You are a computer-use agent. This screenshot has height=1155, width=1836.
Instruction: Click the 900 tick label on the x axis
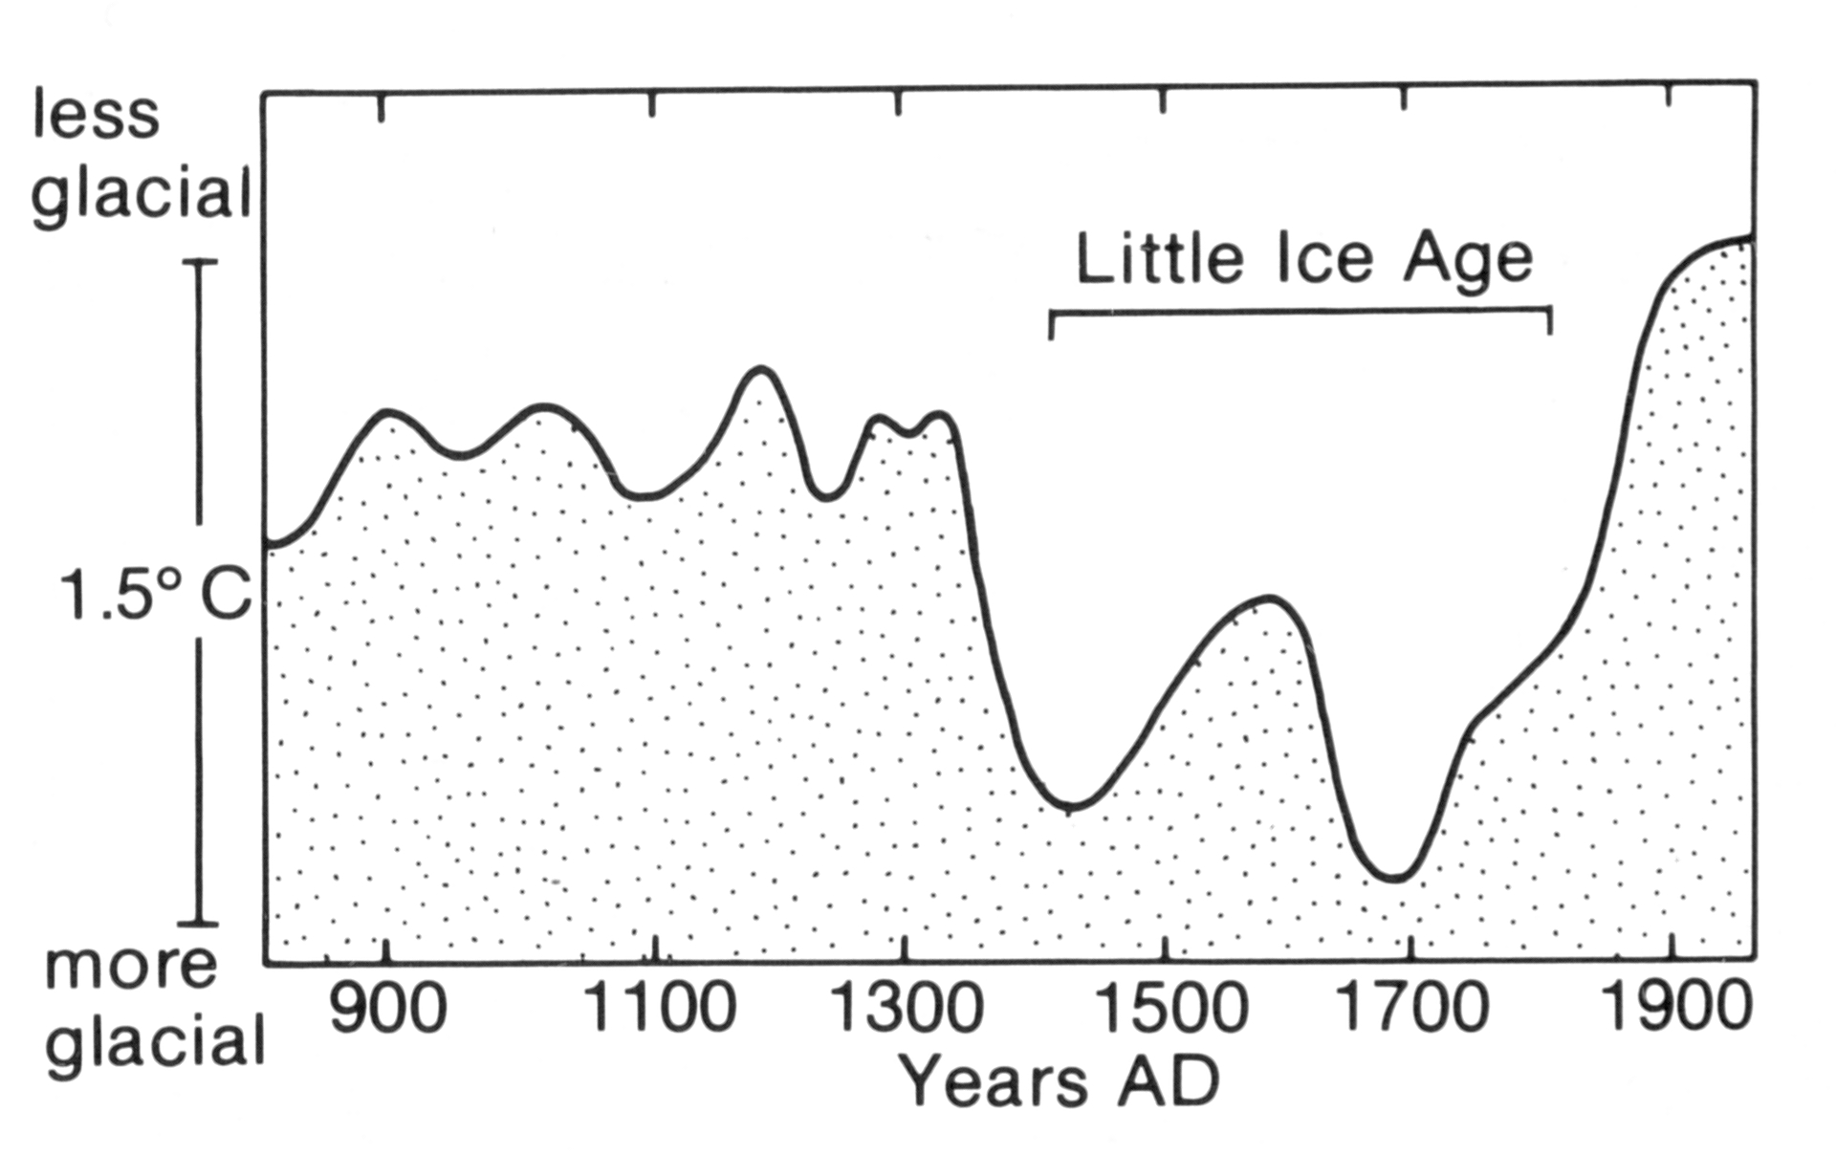pos(387,1009)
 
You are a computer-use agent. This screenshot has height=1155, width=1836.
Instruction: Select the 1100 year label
pos(660,1009)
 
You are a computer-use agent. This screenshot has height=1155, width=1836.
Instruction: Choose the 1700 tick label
pos(1410,1009)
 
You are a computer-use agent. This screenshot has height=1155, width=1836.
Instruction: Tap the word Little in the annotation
pos(1159,258)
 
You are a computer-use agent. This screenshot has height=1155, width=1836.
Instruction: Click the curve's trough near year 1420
pos(1071,806)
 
